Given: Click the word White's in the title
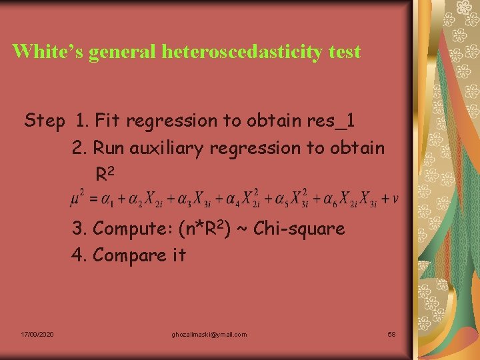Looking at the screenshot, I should (47, 51).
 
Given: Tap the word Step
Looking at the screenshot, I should (45, 121).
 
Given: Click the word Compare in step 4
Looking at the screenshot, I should (132, 255).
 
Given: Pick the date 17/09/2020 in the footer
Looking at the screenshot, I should (37, 334).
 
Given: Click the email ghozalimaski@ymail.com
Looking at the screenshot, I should (209, 334).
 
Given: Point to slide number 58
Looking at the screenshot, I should (391, 334).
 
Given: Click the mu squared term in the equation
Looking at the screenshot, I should (77, 197).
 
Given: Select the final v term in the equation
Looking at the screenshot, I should (396, 198).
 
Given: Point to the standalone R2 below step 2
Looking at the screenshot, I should (105, 175).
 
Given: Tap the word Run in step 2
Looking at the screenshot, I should (107, 148).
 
